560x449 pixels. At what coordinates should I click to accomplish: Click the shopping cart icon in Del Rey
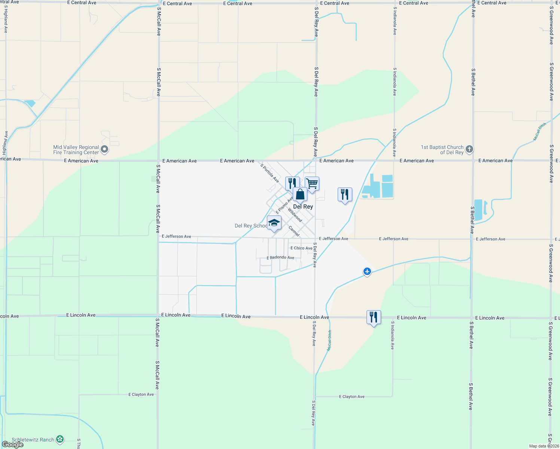(x=312, y=183)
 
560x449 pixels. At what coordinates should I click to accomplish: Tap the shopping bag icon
(x=300, y=195)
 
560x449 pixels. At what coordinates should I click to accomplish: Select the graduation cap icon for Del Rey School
(x=274, y=223)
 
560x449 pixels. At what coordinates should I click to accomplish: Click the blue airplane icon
(x=367, y=271)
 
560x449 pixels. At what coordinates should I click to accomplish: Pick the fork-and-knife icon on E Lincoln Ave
(x=373, y=317)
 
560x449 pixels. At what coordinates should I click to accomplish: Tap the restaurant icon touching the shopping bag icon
(x=292, y=183)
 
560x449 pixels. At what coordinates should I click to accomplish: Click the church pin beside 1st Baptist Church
(x=469, y=149)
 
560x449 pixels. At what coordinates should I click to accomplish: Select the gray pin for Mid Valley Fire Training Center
(x=104, y=150)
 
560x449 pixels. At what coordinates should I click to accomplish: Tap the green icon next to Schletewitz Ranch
(x=60, y=439)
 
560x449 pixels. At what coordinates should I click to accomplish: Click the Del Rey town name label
(x=303, y=207)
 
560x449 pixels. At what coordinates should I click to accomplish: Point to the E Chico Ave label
(x=301, y=248)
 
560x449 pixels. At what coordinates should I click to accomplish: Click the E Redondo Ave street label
(x=280, y=257)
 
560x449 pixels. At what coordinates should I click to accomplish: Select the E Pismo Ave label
(x=284, y=205)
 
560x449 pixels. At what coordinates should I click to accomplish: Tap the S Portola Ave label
(x=270, y=173)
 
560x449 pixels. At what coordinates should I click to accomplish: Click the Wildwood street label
(x=295, y=215)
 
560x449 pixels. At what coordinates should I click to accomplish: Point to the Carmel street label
(x=294, y=231)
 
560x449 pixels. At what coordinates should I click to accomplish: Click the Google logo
(x=13, y=444)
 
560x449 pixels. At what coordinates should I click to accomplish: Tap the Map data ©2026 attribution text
(x=544, y=446)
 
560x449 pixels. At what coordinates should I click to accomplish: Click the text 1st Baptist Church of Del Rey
(x=442, y=150)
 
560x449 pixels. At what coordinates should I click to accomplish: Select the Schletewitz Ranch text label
(x=33, y=440)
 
